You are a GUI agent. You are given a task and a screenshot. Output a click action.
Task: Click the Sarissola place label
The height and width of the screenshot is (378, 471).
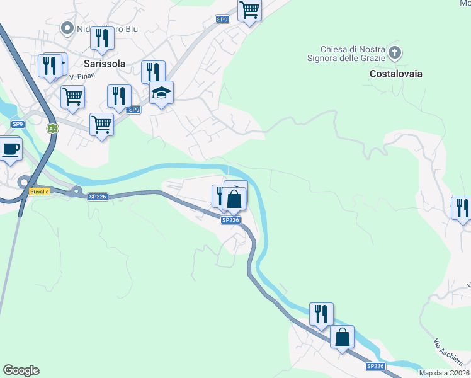(x=105, y=64)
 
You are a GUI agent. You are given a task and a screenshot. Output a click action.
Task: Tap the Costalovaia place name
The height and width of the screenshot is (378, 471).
(x=395, y=74)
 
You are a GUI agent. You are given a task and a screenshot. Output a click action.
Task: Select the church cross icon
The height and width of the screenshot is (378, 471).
(x=395, y=52)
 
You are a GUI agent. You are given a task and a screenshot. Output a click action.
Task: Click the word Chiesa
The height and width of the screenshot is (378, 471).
(x=334, y=49)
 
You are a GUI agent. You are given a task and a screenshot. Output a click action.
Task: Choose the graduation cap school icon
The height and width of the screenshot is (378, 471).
(x=162, y=93)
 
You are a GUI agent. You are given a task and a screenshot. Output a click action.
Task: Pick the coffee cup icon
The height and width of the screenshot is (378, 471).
(x=11, y=149)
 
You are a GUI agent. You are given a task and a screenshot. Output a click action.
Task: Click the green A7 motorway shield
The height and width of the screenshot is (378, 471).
(x=52, y=129)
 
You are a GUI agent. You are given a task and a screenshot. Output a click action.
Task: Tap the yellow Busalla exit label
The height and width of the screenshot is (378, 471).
(x=39, y=191)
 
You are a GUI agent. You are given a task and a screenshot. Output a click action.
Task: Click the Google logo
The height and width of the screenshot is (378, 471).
(x=21, y=370)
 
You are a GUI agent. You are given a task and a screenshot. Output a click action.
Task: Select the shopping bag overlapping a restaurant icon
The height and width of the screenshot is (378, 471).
(x=234, y=199)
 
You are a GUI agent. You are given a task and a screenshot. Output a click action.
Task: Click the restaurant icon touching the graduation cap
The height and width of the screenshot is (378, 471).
(x=152, y=72)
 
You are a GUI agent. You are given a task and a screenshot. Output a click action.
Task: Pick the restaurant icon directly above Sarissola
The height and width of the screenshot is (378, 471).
(x=101, y=38)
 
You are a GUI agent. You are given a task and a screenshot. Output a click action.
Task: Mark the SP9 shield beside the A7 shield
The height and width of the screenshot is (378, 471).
(x=18, y=124)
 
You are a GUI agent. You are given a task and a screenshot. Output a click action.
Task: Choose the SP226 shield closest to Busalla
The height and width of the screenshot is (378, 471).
(x=98, y=197)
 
